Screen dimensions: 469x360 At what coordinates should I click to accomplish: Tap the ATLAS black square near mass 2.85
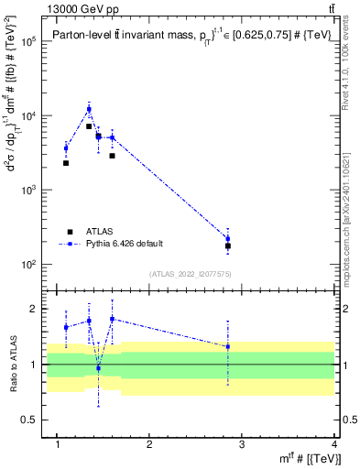tap(227, 246)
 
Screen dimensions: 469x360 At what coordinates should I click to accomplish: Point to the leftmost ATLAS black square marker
tap(66, 163)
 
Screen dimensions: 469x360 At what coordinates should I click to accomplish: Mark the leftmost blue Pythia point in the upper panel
tap(66, 147)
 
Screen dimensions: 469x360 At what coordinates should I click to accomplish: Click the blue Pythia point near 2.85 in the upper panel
tap(227, 238)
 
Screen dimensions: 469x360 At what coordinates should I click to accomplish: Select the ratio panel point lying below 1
tap(98, 368)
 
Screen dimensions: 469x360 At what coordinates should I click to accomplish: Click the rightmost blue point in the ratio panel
tap(227, 346)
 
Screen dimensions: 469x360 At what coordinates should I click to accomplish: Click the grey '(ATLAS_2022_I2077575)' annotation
tap(191, 274)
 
